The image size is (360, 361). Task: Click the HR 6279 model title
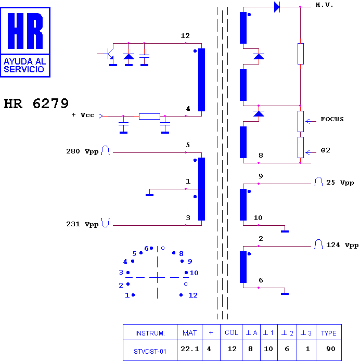(36, 104)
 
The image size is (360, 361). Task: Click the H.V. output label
(324, 5)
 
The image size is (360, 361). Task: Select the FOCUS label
(332, 119)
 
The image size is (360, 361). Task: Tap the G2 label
(326, 150)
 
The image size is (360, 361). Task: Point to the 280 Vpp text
(82, 151)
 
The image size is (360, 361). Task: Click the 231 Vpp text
(82, 224)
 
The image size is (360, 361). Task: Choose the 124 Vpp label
(342, 245)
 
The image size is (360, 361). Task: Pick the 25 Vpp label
(340, 183)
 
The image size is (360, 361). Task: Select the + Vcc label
(83, 115)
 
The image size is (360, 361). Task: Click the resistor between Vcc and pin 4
(149, 117)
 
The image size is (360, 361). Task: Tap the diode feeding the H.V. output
(277, 7)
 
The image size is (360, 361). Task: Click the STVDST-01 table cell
(150, 351)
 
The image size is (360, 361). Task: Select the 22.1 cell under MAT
(190, 349)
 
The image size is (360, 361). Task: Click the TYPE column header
(328, 333)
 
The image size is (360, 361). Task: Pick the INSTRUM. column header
(150, 333)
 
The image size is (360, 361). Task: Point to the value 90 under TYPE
(331, 349)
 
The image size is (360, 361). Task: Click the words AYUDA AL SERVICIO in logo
(25, 66)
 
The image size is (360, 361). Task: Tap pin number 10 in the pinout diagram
(194, 273)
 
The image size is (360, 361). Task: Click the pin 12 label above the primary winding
(185, 36)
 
